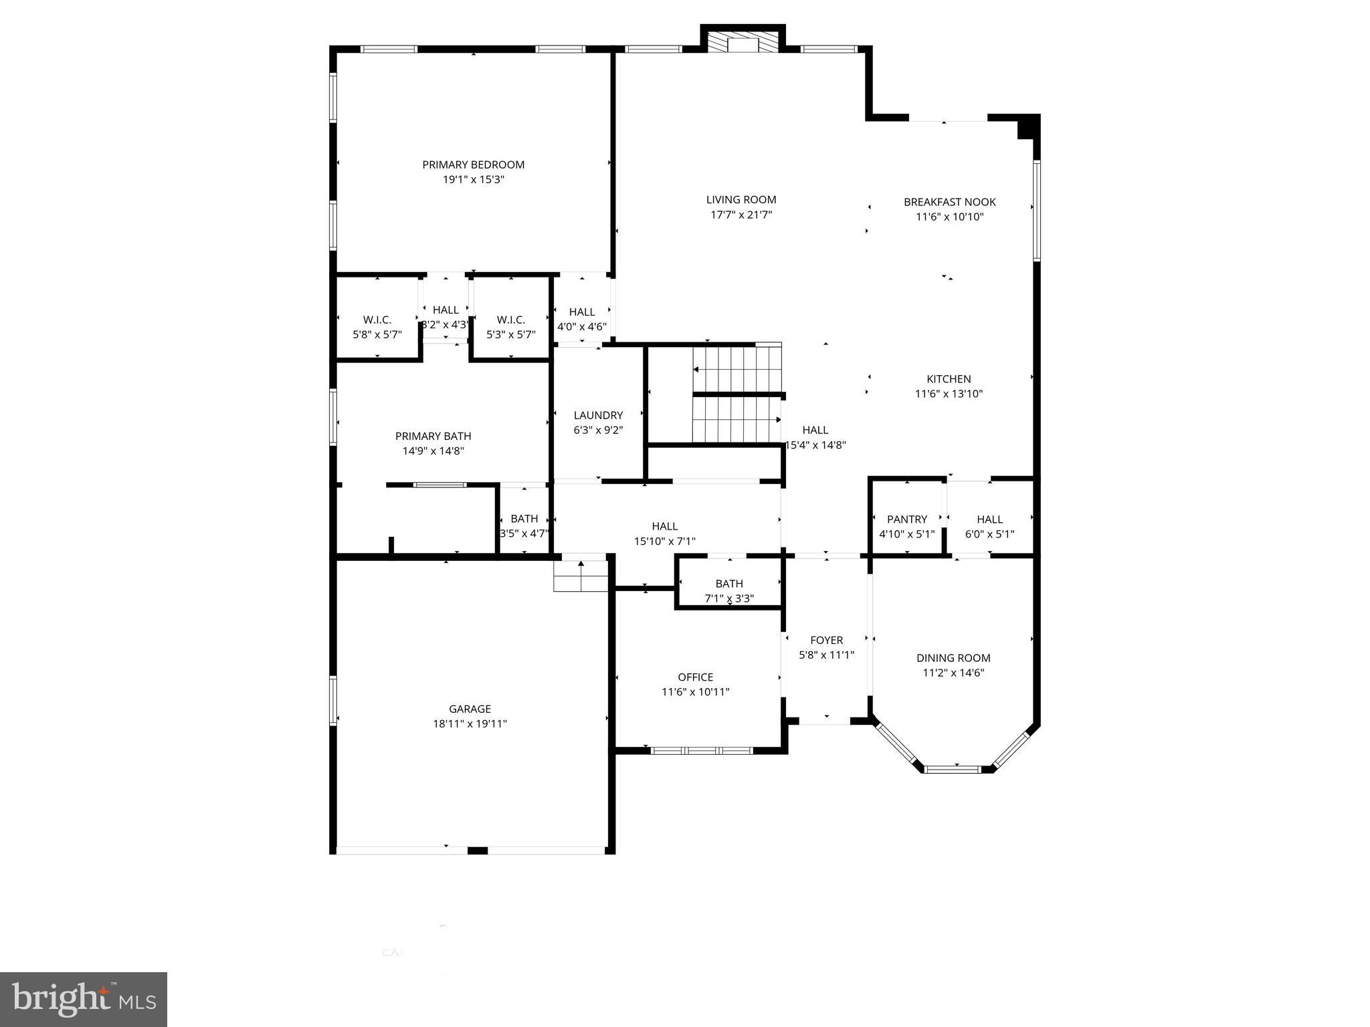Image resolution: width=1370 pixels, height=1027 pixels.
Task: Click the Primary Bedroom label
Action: [473, 164]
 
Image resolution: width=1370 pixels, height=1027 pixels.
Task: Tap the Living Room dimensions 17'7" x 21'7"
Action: [741, 215]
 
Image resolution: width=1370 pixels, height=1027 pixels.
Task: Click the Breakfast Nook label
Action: [949, 202]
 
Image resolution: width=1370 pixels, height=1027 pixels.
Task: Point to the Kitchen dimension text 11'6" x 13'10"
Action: [949, 394]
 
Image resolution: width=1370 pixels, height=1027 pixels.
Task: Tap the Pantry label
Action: [906, 520]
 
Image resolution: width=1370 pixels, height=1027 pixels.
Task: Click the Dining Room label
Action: [953, 658]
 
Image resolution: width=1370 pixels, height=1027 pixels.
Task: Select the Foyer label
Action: [826, 641]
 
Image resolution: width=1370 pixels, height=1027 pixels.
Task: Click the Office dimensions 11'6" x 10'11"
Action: [695, 692]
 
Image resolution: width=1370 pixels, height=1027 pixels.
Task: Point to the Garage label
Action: [470, 709]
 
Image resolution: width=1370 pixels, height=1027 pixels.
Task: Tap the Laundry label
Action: [598, 415]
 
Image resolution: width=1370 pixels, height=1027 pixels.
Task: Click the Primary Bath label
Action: [433, 437]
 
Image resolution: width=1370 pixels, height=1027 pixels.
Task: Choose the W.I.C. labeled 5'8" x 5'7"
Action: [377, 327]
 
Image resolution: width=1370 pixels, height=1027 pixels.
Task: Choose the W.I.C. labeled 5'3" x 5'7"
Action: [511, 327]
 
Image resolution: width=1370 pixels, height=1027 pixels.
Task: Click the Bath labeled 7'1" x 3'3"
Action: [728, 590]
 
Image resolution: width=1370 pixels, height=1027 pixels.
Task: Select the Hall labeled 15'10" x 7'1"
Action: [664, 534]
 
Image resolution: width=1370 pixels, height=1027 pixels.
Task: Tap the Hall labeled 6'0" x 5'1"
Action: [989, 526]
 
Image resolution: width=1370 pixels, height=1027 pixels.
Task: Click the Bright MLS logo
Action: [83, 1000]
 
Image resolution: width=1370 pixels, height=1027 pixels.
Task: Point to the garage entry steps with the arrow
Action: [581, 575]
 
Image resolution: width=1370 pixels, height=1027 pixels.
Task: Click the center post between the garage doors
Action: [477, 850]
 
